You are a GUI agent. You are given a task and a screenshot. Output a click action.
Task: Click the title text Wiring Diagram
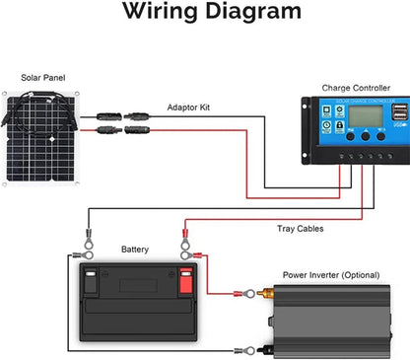point(204,14)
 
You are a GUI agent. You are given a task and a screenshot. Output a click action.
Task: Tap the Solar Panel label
point(46,77)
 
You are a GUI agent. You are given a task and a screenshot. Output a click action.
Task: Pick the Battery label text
point(135,250)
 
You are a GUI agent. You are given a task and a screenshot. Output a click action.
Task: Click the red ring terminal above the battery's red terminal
point(183,237)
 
